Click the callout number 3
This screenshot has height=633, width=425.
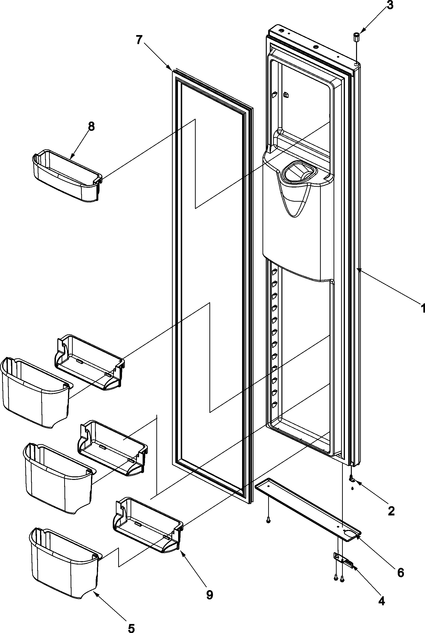(390, 5)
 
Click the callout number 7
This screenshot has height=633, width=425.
(139, 40)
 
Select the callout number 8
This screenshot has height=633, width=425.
(91, 127)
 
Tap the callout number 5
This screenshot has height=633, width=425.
(131, 626)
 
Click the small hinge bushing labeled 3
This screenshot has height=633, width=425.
(356, 37)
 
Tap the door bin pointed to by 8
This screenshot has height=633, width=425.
(66, 176)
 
